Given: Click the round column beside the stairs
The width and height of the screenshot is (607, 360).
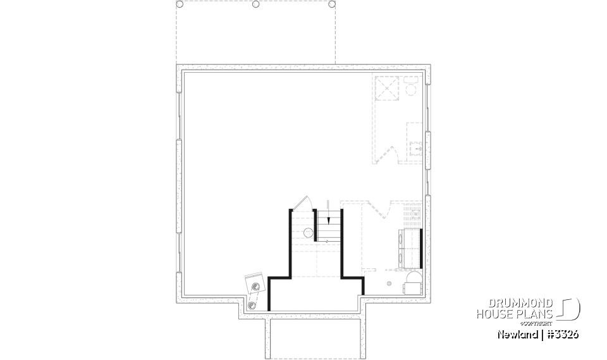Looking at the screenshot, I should tap(309, 233).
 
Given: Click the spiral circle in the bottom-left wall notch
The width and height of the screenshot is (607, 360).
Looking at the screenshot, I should tap(253, 306).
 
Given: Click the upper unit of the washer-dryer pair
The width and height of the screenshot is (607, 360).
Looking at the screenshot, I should tap(409, 239).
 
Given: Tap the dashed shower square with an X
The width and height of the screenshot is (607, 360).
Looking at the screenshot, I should tap(386, 88).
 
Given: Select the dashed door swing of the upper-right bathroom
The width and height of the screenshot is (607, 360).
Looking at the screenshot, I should tap(389, 155).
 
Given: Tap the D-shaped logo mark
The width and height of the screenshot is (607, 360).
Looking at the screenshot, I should tap(570, 309).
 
